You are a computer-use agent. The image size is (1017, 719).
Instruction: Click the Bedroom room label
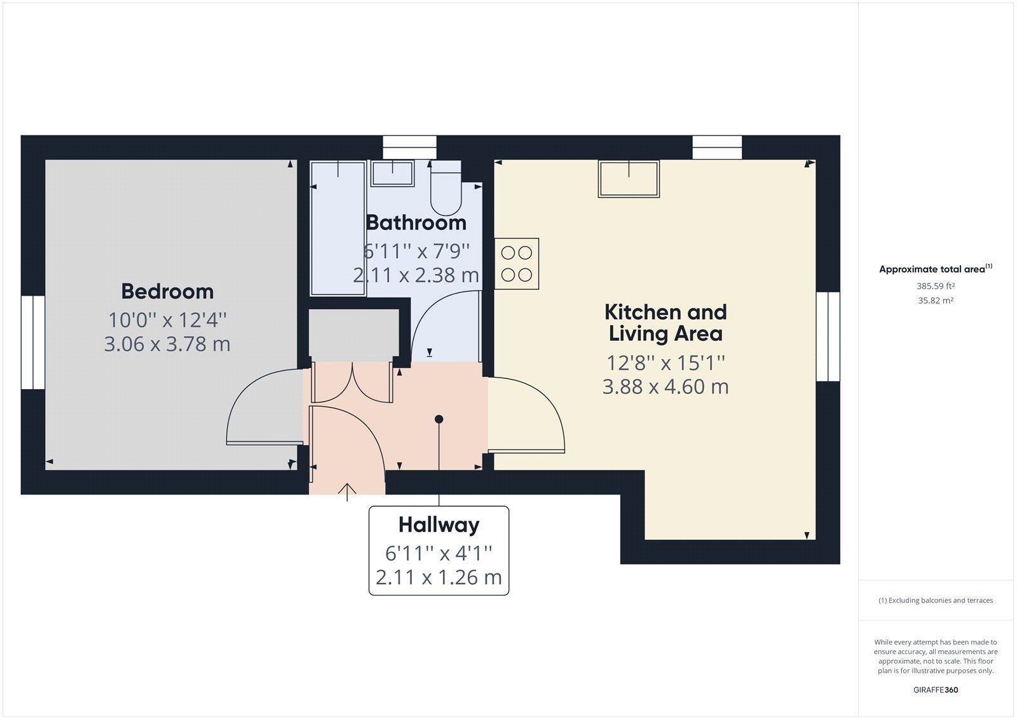167,292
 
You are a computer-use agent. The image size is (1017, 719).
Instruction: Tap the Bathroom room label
416,223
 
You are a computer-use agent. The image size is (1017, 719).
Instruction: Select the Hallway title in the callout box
439,525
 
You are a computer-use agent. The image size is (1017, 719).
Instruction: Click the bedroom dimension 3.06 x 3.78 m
167,344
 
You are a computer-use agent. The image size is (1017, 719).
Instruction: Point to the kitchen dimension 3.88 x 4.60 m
665,387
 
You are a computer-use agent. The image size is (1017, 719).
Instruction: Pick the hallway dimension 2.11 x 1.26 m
439,577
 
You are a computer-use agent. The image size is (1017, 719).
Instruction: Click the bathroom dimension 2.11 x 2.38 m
416,275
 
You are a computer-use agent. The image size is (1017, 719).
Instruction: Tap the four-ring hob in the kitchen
517,264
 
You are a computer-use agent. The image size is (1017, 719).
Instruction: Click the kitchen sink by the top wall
629,179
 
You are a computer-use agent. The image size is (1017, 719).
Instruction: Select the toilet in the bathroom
446,188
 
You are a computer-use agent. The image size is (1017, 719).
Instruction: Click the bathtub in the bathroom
338,228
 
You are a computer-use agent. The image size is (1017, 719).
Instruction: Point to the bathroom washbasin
392,173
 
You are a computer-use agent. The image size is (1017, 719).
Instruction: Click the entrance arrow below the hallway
347,492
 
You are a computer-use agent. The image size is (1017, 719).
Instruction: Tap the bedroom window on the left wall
33,343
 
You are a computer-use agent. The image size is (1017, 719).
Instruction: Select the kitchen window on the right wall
828,336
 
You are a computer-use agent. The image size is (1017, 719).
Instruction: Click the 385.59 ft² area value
935,286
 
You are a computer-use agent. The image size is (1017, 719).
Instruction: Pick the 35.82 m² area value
935,301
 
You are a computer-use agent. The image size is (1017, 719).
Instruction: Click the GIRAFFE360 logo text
936,690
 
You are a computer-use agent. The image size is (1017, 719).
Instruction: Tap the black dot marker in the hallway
439,419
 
